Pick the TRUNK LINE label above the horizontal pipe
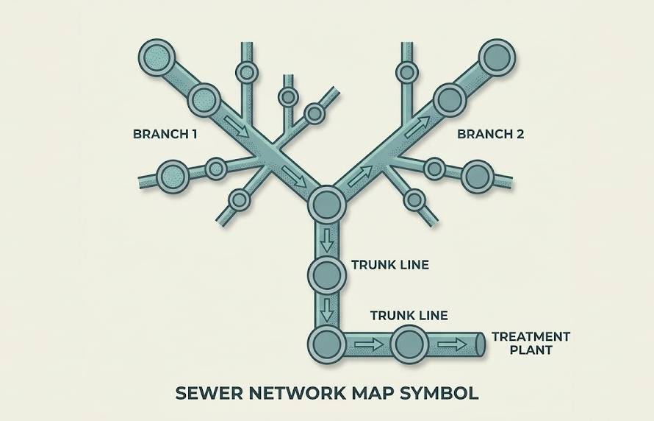409,316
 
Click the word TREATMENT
531,336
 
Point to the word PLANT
531,350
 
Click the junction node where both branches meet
326,203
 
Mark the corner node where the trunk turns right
326,343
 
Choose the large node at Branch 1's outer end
157,57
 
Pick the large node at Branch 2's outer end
497,57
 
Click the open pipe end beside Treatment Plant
479,344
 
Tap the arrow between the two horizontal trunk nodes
368,344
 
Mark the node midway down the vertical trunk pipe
326,274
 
